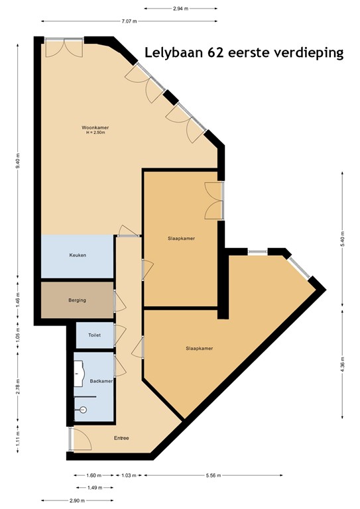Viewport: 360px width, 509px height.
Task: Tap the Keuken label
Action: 78,255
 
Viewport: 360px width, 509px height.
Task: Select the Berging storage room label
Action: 78,300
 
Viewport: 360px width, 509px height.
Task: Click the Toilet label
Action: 95,335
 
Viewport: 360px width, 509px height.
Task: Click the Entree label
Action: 121,438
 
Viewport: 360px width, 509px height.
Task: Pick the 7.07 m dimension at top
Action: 129,22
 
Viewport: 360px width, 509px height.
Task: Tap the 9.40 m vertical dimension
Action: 18,161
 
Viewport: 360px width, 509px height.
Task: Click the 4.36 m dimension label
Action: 342,367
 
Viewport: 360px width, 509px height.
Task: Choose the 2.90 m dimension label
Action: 78,500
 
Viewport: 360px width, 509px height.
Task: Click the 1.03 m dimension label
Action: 130,475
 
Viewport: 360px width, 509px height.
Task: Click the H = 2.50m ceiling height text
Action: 96,133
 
